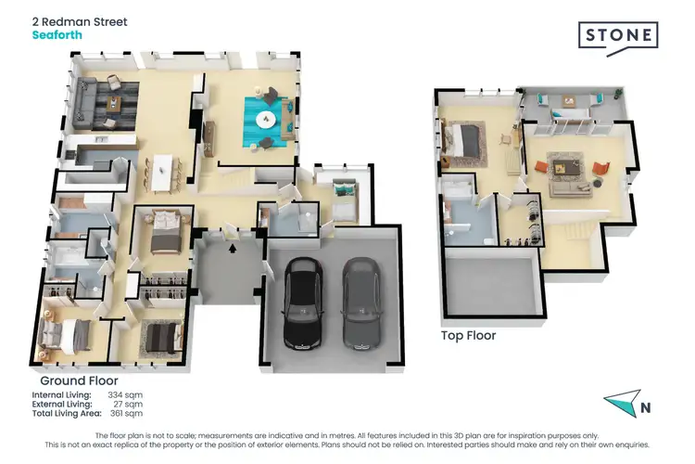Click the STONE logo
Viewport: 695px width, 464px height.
click(620, 36)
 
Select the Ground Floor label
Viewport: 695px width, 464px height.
click(79, 380)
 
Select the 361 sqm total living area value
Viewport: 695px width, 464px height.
click(126, 415)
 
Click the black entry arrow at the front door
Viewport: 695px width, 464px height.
click(231, 248)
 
